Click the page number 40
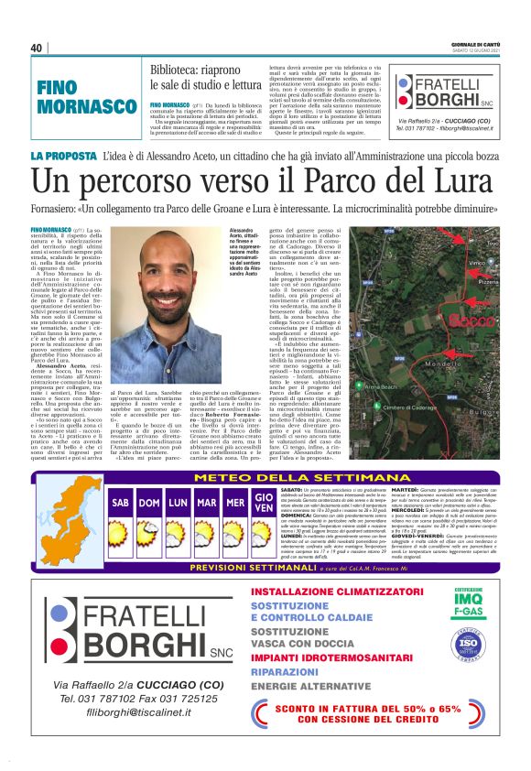coord(37,49)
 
